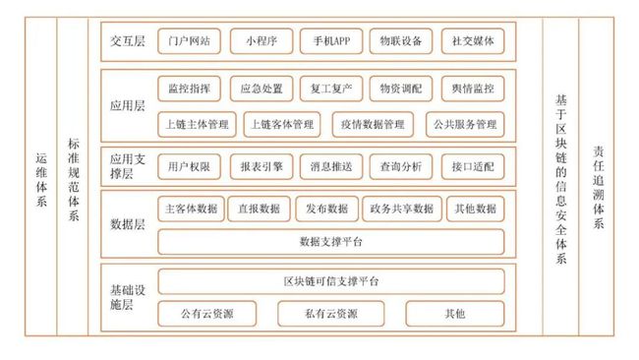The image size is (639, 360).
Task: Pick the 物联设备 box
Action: click(x=400, y=41)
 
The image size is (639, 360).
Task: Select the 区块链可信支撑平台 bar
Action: click(x=330, y=281)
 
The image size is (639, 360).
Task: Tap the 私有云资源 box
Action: click(x=330, y=314)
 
